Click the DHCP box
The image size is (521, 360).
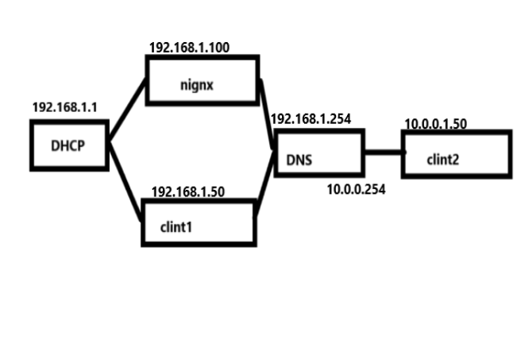pyautogui.click(x=69, y=145)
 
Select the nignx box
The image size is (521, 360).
pyautogui.click(x=203, y=79)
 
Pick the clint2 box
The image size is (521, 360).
pyautogui.click(x=455, y=154)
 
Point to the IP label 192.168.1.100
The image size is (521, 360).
pyautogui.click(x=189, y=48)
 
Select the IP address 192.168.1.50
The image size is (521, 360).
pyautogui.click(x=187, y=192)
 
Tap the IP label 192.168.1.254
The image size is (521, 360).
pyautogui.click(x=311, y=119)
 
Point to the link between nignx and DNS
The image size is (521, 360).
pyautogui.click(x=267, y=111)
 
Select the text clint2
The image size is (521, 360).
pyautogui.click(x=443, y=159)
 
